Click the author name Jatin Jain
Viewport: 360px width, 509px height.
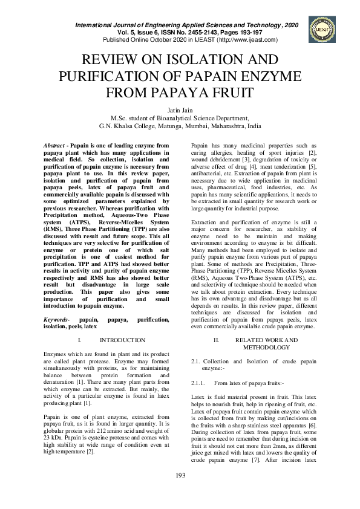click(180, 110)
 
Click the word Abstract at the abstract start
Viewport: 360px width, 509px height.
click(56, 147)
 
